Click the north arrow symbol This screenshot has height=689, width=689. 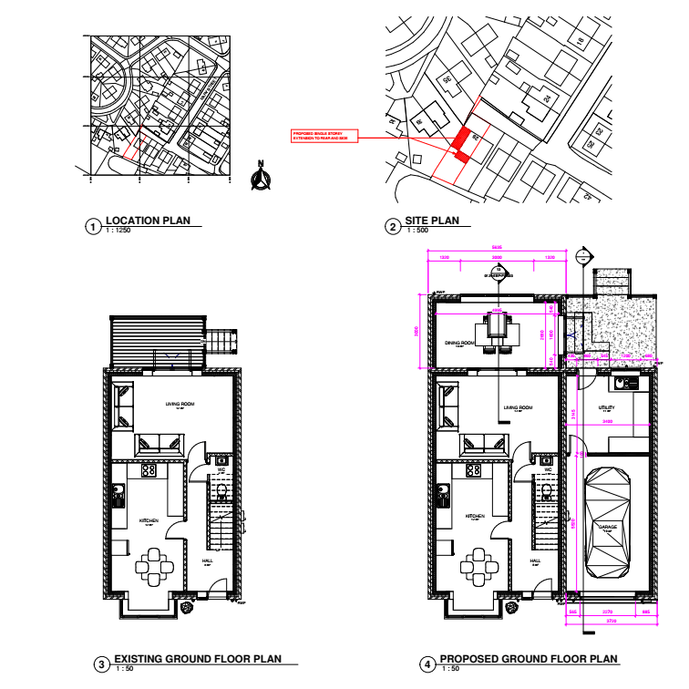pyautogui.click(x=261, y=179)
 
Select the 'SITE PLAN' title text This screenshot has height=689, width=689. pyautogui.click(x=431, y=221)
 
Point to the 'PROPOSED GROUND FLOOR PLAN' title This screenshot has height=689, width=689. pyautogui.click(x=529, y=659)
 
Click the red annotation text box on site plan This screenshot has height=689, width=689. pyautogui.click(x=324, y=137)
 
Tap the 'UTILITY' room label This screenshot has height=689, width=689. pyautogui.click(x=607, y=408)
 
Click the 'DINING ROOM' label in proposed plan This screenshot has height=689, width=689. pyautogui.click(x=458, y=344)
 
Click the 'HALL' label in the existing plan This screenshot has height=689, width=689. pyautogui.click(x=206, y=560)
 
